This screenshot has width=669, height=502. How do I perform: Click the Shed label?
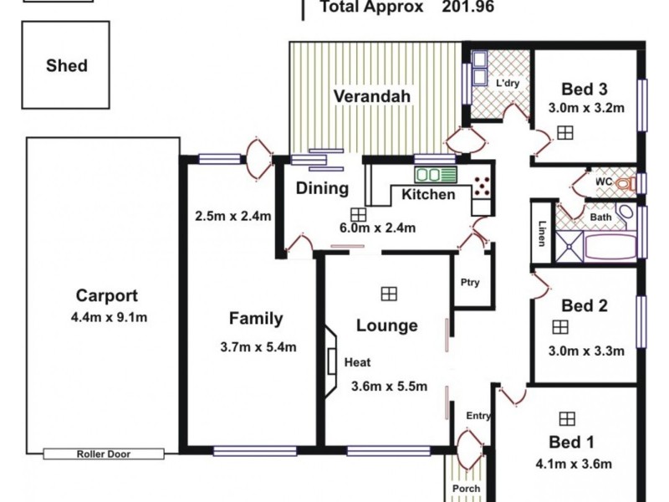point(67,65)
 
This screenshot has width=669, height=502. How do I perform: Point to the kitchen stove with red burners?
point(483,187)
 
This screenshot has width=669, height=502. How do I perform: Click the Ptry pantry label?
point(470,282)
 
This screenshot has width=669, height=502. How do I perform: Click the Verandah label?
point(372,96)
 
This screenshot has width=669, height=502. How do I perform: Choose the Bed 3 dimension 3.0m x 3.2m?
point(587,108)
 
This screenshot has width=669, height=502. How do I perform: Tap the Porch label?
point(466,489)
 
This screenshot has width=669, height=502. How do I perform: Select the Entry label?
point(479,416)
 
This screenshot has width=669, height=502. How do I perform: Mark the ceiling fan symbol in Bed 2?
point(560,327)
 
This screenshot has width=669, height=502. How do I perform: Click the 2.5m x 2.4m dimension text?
point(233,216)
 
